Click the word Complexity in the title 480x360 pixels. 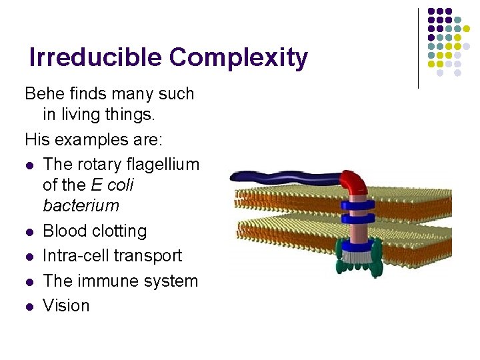tap(238, 58)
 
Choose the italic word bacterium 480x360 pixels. tap(81, 205)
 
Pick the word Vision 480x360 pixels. tap(66, 305)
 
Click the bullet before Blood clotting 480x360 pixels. tap(29, 232)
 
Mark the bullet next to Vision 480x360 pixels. tap(29, 307)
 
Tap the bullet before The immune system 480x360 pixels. tap(29, 282)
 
